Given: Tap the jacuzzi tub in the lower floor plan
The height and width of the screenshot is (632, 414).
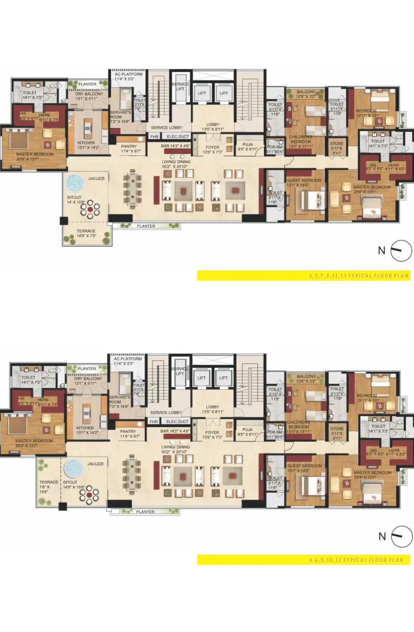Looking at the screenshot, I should [x=73, y=468].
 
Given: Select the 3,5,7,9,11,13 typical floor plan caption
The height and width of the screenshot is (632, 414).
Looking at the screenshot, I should [x=359, y=276].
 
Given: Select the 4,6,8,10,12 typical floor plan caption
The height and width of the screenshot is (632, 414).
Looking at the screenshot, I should [x=356, y=560].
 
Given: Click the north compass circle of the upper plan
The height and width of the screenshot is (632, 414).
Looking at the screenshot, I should [x=401, y=251].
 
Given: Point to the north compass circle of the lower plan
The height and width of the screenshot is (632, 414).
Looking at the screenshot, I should [x=402, y=536].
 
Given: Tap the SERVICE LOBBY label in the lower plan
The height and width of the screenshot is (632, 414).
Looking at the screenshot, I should [x=165, y=412].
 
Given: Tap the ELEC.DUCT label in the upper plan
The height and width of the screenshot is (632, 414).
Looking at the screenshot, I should [x=178, y=136].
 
